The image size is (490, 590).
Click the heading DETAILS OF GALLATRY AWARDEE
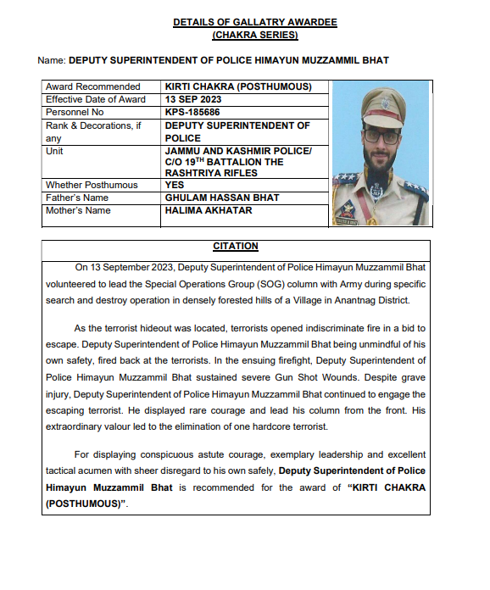pos(254,22)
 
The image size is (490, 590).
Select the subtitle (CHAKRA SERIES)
pos(254,35)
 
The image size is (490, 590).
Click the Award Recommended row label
pos(93,86)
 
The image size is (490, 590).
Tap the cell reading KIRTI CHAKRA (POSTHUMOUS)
pos(238,86)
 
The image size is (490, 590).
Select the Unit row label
pos(55,150)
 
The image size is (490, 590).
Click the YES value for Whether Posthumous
pos(175,185)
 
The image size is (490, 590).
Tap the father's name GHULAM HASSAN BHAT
pos(222,198)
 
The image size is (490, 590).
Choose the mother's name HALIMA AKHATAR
pos(209,210)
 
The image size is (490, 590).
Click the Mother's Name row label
pos(78,210)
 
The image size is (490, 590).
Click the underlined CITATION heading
pos(236,247)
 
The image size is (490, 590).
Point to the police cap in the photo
pos(380,107)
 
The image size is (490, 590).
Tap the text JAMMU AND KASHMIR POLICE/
pos(238,150)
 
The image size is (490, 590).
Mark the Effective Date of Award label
pos(96,99)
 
